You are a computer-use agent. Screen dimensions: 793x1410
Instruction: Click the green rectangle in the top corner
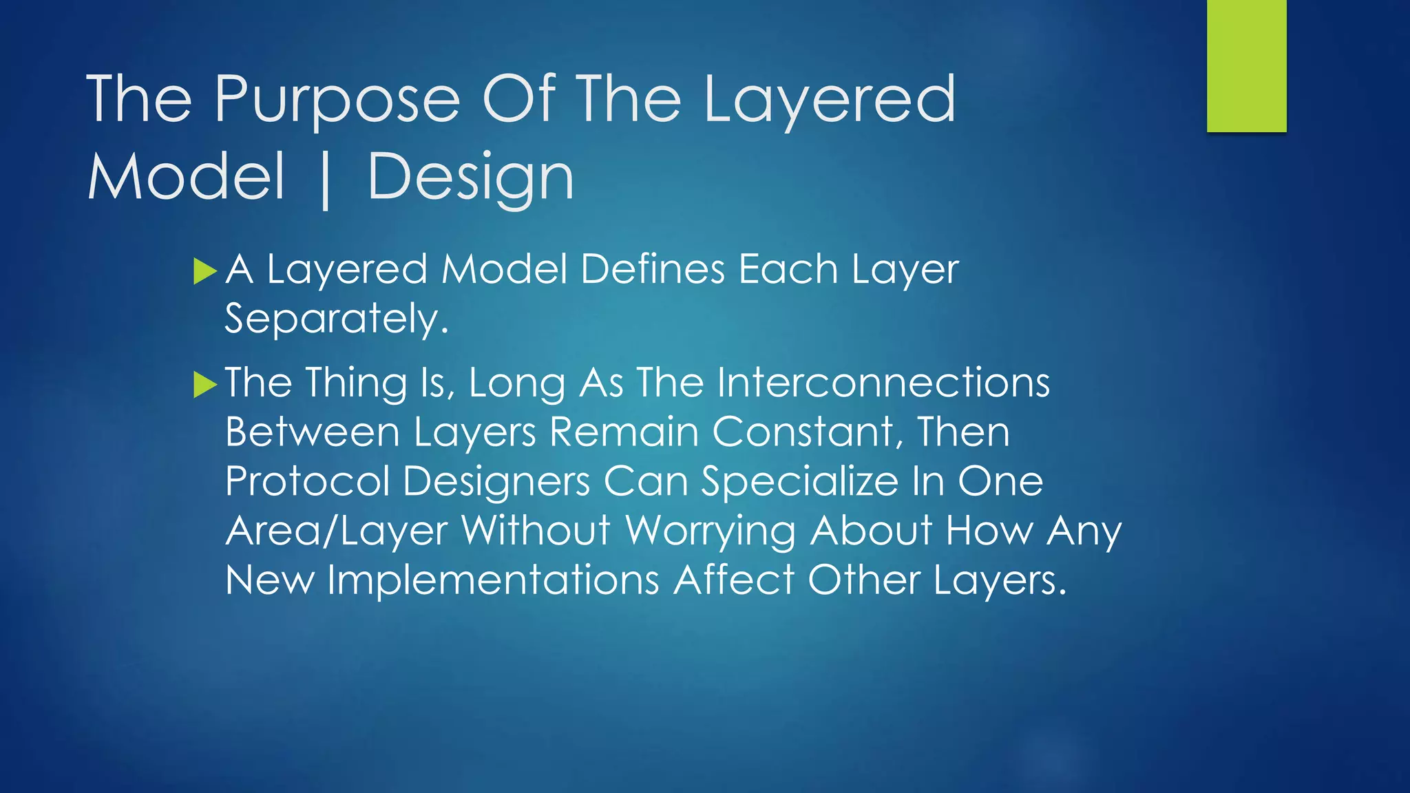1246,66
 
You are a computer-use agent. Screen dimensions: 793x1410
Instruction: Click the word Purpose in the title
337,100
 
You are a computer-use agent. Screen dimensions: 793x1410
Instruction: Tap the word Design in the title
471,178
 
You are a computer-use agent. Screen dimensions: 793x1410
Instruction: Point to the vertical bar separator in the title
326,179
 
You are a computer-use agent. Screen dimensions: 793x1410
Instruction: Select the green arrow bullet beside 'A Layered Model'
205,271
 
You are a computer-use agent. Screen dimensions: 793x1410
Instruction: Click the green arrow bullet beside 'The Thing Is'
205,384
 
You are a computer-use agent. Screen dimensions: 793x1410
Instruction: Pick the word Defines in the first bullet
652,269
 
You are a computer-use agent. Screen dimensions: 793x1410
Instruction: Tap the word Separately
337,319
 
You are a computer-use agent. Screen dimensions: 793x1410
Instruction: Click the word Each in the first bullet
788,269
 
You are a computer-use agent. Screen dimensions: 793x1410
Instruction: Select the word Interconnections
883,382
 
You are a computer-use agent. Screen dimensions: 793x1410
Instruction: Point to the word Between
313,432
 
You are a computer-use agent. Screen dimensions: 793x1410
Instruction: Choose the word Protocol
307,481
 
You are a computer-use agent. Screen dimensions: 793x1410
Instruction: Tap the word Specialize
799,481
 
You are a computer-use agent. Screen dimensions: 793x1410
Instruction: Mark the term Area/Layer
337,531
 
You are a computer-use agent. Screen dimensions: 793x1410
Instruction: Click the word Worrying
710,531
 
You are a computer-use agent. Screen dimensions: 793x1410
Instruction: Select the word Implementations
493,580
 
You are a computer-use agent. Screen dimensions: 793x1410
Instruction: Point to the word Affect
734,580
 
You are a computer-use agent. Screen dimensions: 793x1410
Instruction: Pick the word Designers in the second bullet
496,481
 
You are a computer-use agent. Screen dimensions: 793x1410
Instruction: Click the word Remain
624,432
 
